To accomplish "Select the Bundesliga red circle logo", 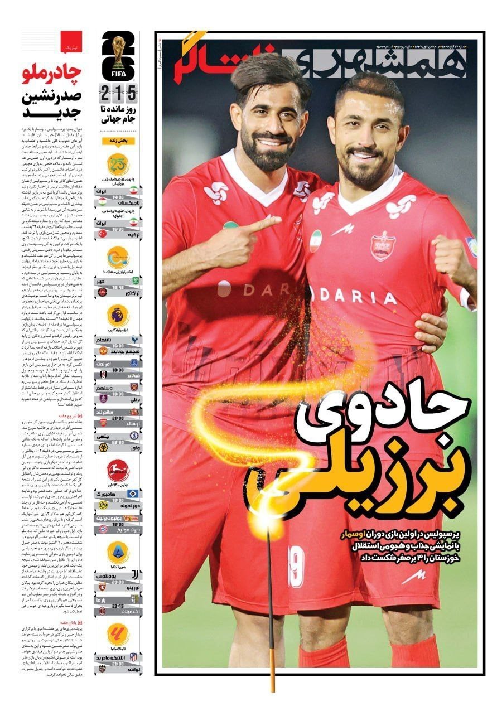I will click(x=118, y=470).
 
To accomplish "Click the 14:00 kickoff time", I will click(x=118, y=197).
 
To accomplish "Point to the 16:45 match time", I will click(x=118, y=288).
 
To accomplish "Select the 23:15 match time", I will click(x=118, y=607).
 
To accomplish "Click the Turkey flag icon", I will click(x=103, y=234).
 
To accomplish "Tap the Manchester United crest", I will click(x=103, y=351).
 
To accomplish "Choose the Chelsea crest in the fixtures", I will click(x=103, y=436).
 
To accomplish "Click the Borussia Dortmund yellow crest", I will click(x=103, y=504).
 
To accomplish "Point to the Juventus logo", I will click(x=134, y=574).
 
